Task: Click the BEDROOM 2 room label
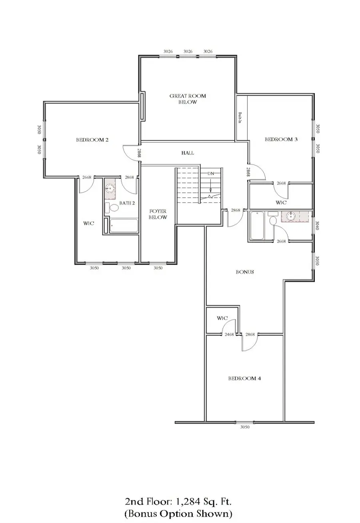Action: coord(92,140)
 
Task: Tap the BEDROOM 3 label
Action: coord(281,140)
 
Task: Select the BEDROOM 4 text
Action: coord(244,379)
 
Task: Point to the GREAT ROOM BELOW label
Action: coord(188,99)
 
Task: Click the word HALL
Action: coord(188,153)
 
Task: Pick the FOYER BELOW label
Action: coord(158,214)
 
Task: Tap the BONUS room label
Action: coord(245,272)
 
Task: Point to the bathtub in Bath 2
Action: coord(124,226)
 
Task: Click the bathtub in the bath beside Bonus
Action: coord(257,225)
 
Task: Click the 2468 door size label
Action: coord(229,335)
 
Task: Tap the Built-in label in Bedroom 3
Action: coord(240,118)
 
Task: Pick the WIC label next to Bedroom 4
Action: coord(222,319)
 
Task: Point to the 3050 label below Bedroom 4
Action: coord(245,427)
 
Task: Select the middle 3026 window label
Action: coord(188,52)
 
